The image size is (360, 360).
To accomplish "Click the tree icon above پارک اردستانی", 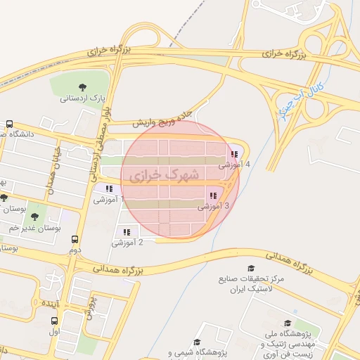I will (x=83, y=87).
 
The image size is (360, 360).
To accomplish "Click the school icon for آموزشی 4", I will (x=234, y=155).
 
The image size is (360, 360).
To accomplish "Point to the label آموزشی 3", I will (x=214, y=207).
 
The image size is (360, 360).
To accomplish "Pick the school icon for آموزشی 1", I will (x=109, y=188).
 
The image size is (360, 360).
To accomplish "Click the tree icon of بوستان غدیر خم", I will (x=35, y=217).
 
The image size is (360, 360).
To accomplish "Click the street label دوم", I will (x=75, y=250).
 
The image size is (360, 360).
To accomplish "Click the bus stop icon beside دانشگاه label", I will (x=9, y=123).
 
